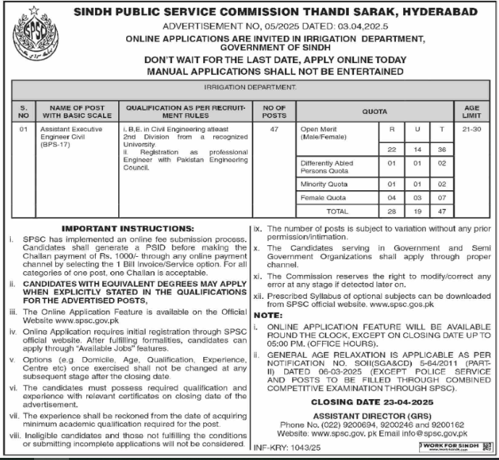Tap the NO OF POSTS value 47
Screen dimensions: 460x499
click(274, 129)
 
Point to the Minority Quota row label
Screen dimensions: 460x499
click(323, 184)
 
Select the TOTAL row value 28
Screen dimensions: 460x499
click(392, 210)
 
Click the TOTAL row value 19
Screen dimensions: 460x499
click(416, 210)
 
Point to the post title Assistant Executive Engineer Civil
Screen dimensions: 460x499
click(70, 133)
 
